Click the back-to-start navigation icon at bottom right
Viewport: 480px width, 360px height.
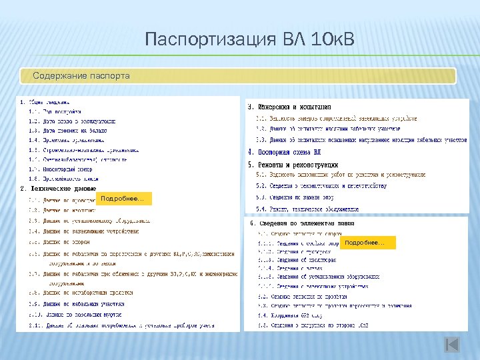coord(451,344)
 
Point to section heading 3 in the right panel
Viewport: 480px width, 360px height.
coord(290,107)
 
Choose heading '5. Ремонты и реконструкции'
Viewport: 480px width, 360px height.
coord(293,164)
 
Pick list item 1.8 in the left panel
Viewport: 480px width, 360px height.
coord(63,179)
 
